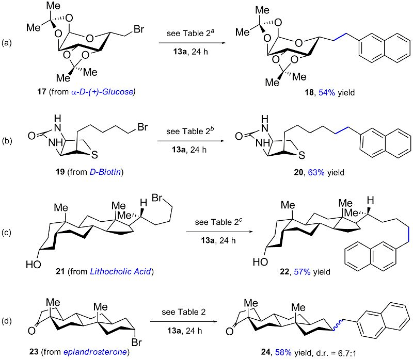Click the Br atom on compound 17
click(x=139, y=29)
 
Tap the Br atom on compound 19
click(x=142, y=127)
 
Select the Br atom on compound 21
click(x=157, y=198)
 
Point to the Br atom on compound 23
click(x=137, y=342)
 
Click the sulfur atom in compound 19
click(x=94, y=155)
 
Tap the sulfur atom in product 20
click(x=302, y=155)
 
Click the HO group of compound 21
click(x=34, y=264)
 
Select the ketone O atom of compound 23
click(x=31, y=331)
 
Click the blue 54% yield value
click(x=327, y=92)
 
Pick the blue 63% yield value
click(x=316, y=172)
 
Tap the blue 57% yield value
click(x=302, y=272)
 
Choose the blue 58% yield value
click(x=283, y=352)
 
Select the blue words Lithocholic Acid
click(x=121, y=271)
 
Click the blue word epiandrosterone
click(x=95, y=352)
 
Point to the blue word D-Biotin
click(x=105, y=172)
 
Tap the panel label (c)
click(x=7, y=233)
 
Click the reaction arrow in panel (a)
click(x=193, y=43)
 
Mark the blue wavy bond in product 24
click(x=338, y=325)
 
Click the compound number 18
click(x=309, y=92)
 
